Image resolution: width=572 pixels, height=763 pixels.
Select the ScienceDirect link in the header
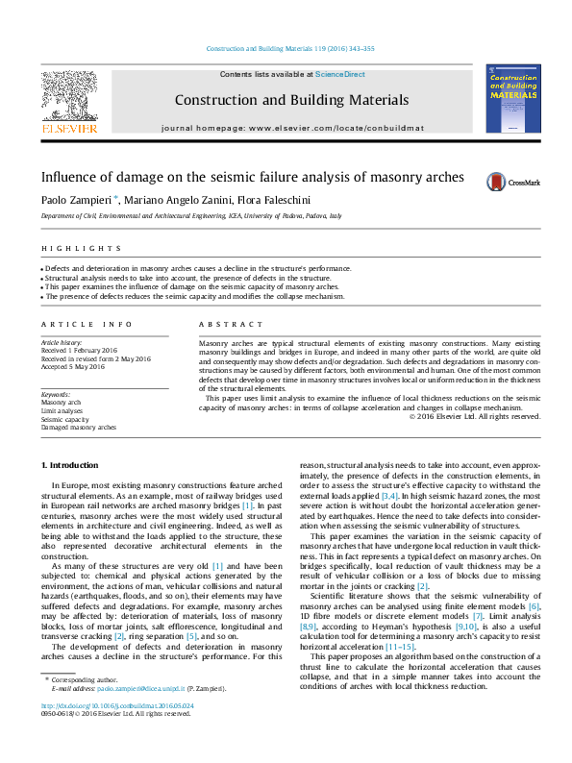click(x=340, y=75)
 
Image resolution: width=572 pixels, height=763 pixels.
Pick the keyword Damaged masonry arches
click(x=78, y=428)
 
